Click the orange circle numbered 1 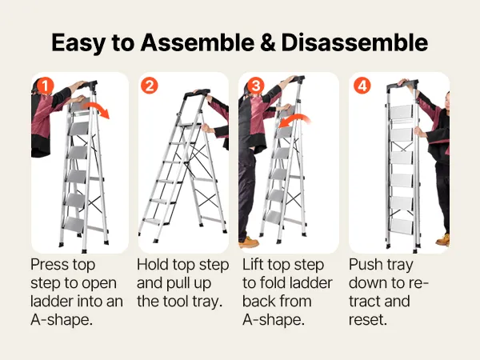click(45, 86)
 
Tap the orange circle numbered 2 click(150, 86)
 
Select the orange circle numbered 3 click(256, 86)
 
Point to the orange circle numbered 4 click(362, 86)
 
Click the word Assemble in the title click(198, 42)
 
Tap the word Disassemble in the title click(354, 42)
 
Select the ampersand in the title click(268, 42)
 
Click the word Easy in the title click(78, 43)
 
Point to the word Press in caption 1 click(48, 265)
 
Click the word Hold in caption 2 click(153, 265)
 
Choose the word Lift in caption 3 click(253, 265)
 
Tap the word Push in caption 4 click(366, 265)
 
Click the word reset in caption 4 click(368, 320)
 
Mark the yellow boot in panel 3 click(249, 242)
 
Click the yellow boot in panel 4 click(443, 240)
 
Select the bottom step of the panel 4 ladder click(402, 226)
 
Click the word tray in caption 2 click(206, 302)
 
